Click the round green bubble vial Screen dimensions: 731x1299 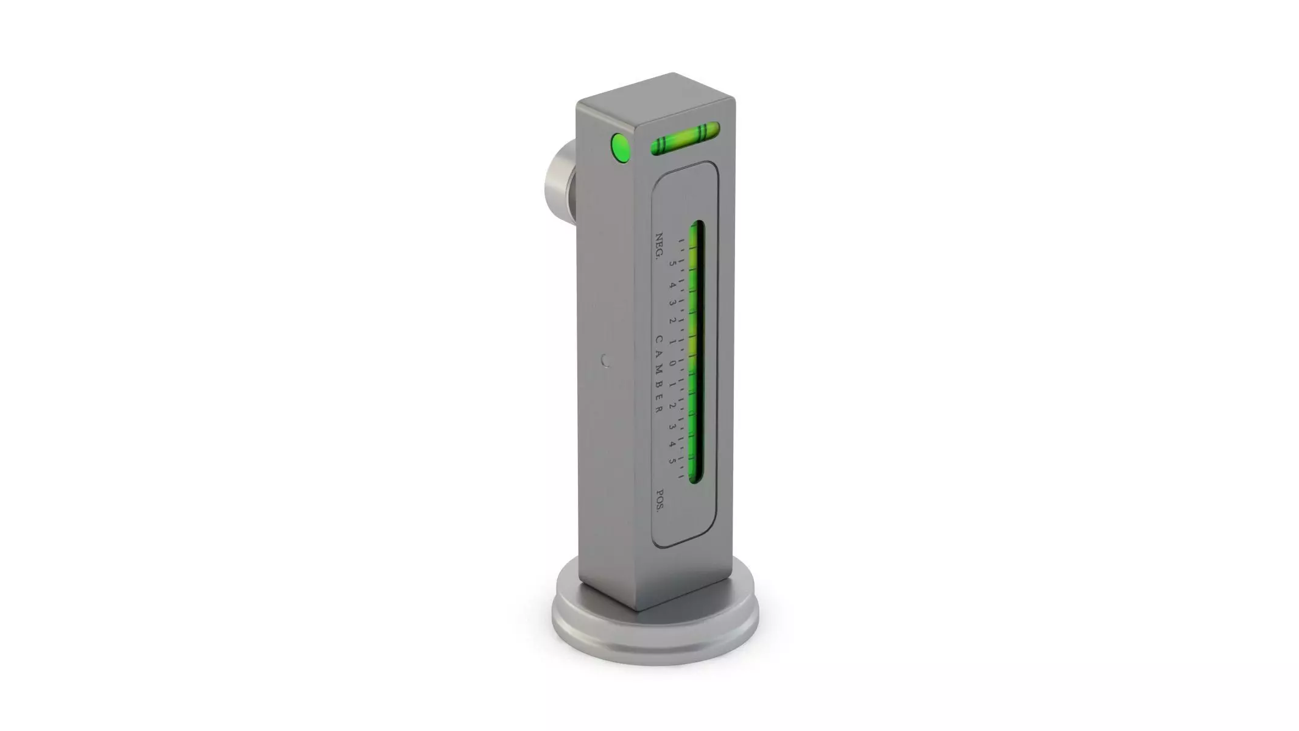click(620, 148)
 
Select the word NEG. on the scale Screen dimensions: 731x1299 click(658, 246)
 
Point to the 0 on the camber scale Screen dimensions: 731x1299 click(672, 364)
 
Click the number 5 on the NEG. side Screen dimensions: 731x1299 click(672, 264)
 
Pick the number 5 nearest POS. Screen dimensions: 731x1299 click(672, 461)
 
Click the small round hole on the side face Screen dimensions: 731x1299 click(605, 361)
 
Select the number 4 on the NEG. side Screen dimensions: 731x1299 click(672, 284)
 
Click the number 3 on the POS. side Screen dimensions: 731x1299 click(672, 426)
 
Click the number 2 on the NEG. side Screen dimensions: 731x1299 click(672, 321)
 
